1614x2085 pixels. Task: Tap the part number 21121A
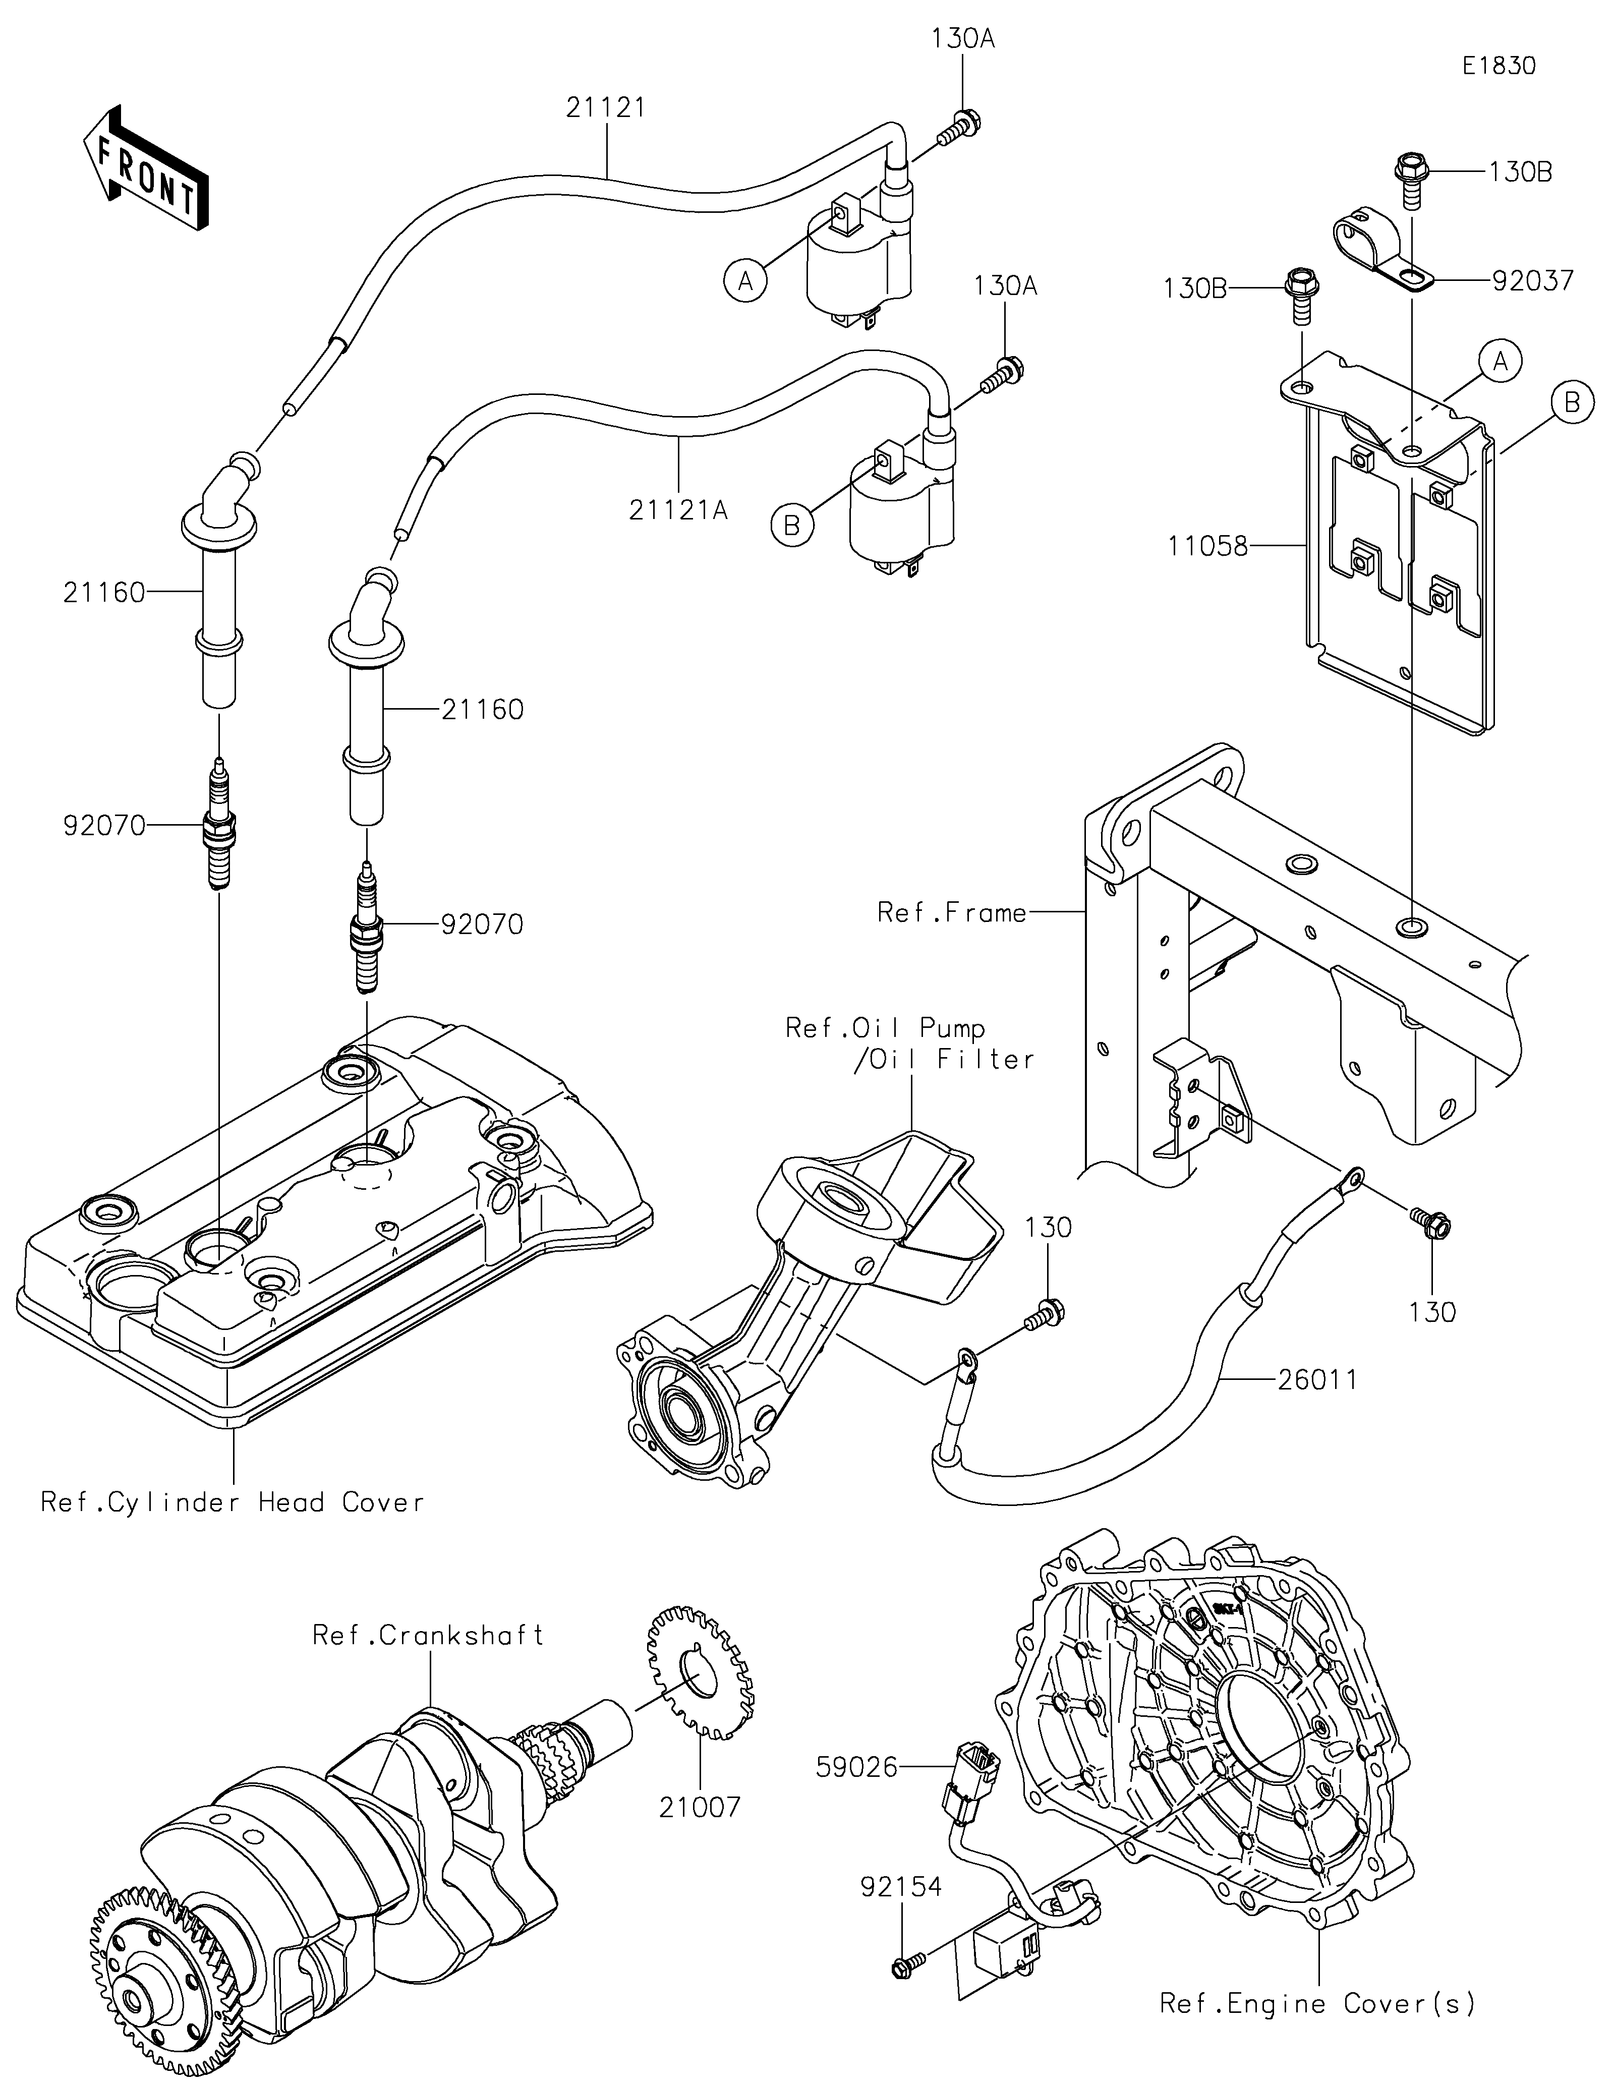click(x=678, y=511)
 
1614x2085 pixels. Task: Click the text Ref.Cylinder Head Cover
click(x=232, y=1502)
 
